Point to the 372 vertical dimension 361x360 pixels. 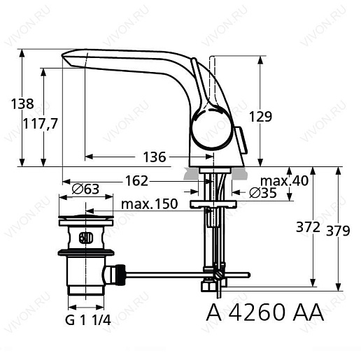coord(308,227)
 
